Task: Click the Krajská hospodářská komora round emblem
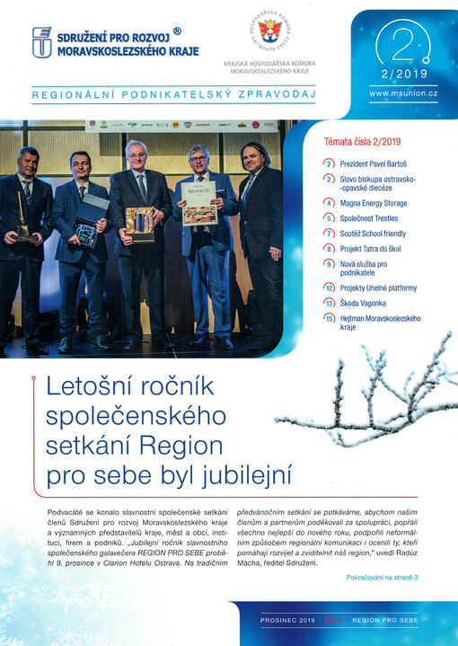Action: tap(268, 34)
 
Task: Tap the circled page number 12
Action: tap(330, 288)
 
